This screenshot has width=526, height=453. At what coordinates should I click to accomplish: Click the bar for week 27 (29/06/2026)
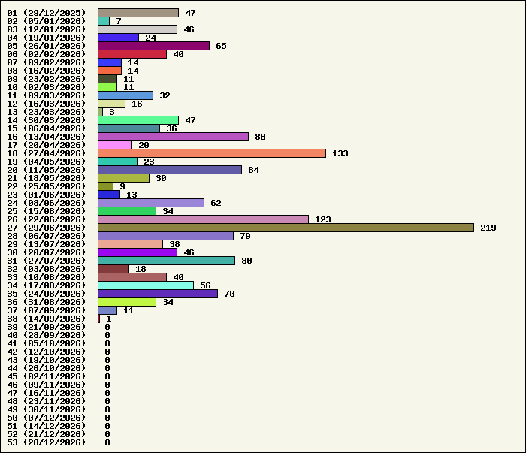tap(286, 228)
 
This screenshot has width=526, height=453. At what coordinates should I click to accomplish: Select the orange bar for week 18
tap(212, 153)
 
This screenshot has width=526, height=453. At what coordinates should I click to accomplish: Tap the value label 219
tap(488, 228)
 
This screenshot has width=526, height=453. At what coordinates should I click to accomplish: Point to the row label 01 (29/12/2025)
tap(47, 13)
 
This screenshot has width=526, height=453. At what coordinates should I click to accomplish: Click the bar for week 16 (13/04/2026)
tap(174, 137)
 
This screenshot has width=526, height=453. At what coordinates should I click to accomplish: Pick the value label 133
tap(340, 153)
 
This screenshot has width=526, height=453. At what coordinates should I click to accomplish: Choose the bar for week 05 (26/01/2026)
tap(153, 46)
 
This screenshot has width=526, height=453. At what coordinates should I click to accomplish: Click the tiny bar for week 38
tap(99, 319)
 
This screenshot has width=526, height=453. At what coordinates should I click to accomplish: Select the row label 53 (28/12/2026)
tap(47, 442)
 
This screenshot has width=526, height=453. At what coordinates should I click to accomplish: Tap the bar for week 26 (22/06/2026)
tap(204, 219)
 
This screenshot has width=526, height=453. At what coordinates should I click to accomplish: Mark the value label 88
tap(260, 137)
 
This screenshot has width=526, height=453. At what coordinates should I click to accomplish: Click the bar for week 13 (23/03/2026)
tap(100, 112)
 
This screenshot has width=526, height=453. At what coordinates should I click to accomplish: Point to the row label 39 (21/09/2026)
tap(47, 327)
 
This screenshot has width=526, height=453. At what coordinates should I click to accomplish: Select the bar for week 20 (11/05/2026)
tap(170, 170)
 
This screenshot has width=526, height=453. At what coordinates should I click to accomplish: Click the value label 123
tap(323, 219)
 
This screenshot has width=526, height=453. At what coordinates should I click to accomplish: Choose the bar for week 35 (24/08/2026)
tap(158, 294)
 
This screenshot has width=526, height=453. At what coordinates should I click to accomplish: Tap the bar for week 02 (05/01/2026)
tap(104, 21)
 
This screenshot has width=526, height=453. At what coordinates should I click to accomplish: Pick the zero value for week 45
tap(107, 376)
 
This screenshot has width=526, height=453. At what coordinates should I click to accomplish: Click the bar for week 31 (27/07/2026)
tap(166, 261)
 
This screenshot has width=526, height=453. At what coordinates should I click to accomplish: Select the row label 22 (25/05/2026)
tap(47, 186)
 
